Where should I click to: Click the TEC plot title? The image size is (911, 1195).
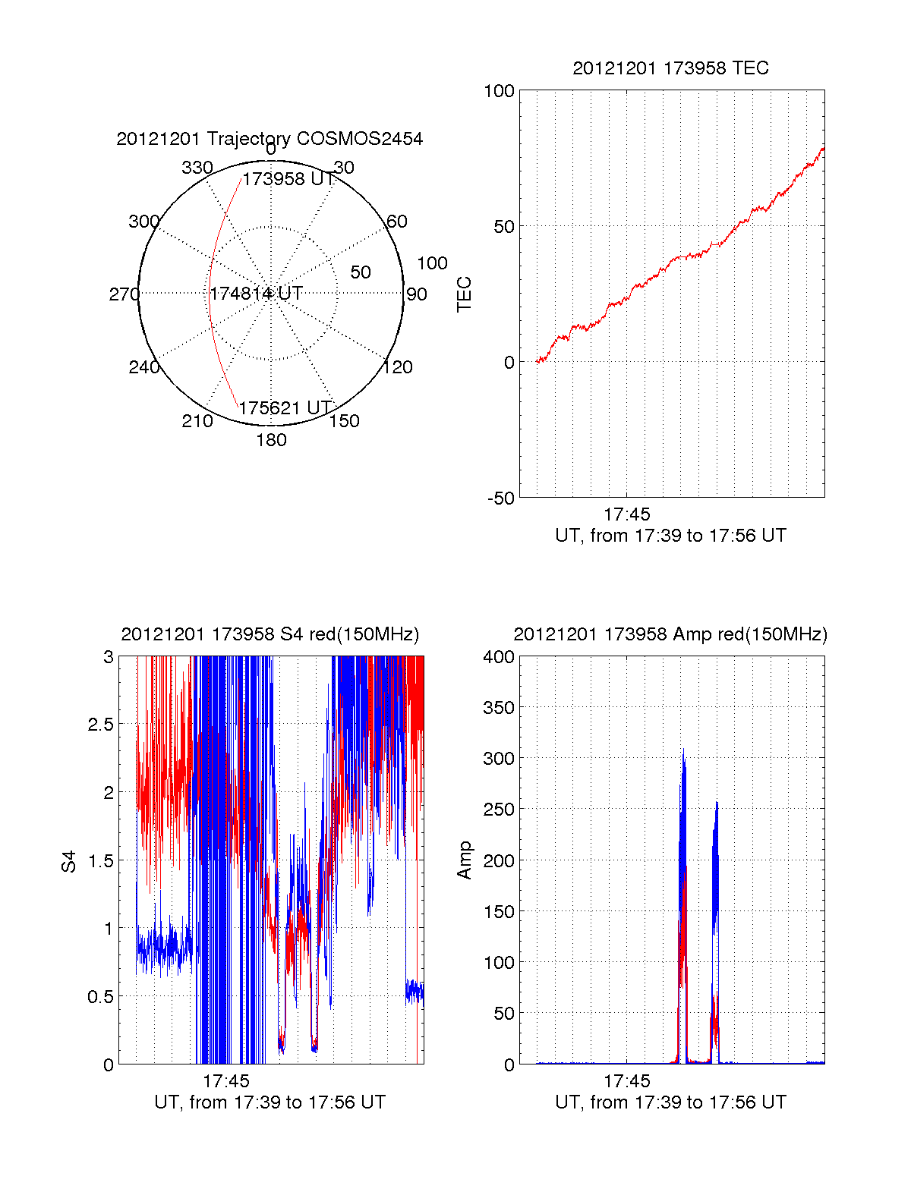click(670, 68)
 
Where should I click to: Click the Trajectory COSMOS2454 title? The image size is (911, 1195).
click(270, 139)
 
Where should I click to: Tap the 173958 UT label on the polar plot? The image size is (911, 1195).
click(288, 179)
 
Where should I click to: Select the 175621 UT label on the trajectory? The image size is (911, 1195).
click(285, 408)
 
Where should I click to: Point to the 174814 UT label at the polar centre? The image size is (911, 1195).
click(257, 294)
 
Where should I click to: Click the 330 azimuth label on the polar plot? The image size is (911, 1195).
click(197, 168)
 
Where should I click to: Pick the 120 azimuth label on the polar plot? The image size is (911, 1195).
click(398, 367)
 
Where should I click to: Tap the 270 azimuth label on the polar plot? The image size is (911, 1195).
click(124, 294)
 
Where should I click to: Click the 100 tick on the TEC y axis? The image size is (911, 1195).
click(499, 92)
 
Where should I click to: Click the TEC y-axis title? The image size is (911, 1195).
click(464, 294)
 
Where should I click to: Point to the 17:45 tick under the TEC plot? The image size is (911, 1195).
click(627, 514)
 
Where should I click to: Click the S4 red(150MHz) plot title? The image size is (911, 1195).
click(270, 634)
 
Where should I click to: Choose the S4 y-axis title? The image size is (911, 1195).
click(69, 861)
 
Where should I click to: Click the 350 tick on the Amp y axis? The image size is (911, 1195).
click(499, 708)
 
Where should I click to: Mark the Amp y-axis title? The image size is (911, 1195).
click(464, 860)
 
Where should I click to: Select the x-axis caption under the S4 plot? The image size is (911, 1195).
click(270, 1102)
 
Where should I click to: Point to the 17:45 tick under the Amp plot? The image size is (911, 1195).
click(627, 1081)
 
